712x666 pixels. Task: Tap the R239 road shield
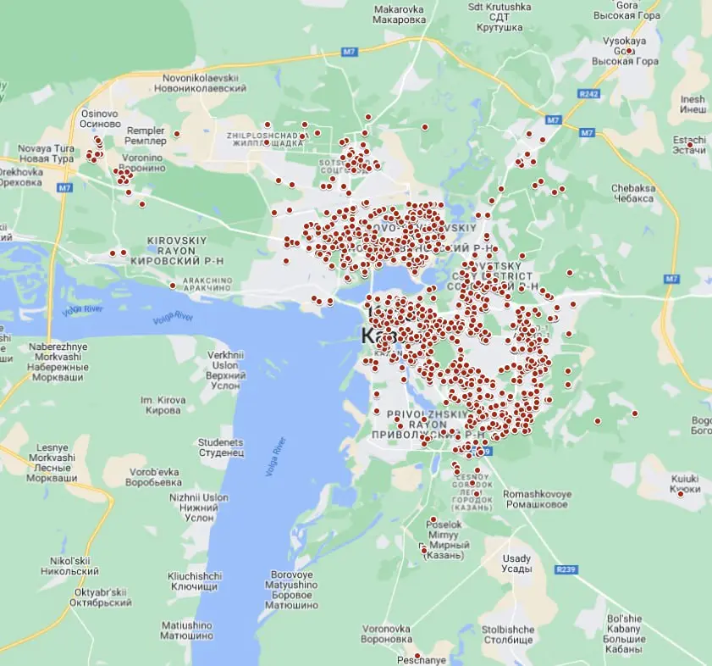(566, 569)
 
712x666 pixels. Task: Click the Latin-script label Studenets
(220, 442)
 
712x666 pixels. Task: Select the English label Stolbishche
(508, 630)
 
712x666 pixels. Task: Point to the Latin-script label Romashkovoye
(537, 493)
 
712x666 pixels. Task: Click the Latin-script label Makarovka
(399, 9)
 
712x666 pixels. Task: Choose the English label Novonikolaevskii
(205, 77)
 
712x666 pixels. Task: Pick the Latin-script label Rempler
(145, 130)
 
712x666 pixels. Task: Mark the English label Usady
(516, 558)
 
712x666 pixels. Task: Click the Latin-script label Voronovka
(386, 629)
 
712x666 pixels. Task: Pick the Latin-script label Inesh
(693, 99)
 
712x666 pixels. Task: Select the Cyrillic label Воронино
(141, 169)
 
